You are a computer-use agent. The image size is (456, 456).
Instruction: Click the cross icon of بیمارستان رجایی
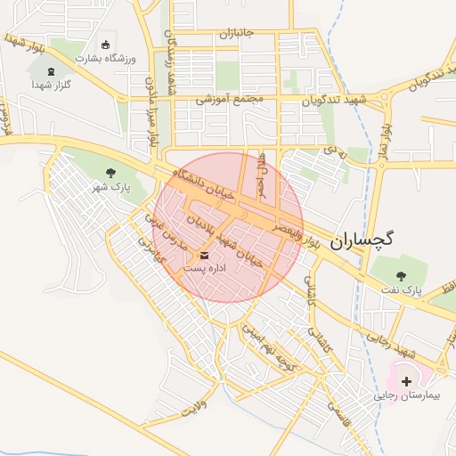click(x=407, y=380)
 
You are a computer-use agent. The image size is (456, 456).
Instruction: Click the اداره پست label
click(x=205, y=268)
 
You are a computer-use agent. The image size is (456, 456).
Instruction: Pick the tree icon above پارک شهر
click(x=110, y=173)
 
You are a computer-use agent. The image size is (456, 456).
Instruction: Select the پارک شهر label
click(x=111, y=188)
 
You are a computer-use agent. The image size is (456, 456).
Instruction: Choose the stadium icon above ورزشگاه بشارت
click(x=107, y=45)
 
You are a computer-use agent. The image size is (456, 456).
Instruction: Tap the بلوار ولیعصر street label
click(x=295, y=230)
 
